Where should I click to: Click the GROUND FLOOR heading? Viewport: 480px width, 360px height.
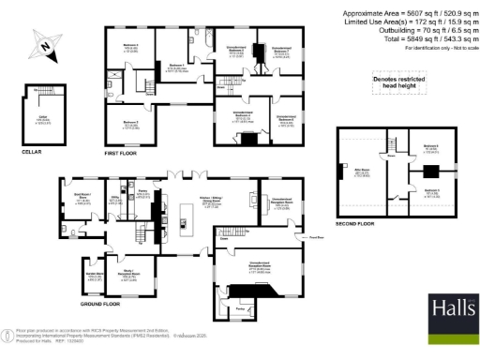(x=99, y=304)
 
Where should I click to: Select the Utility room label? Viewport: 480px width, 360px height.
(x=114, y=199)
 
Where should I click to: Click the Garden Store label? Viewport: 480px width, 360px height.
(x=94, y=277)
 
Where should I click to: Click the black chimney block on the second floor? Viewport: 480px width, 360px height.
(x=427, y=172)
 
